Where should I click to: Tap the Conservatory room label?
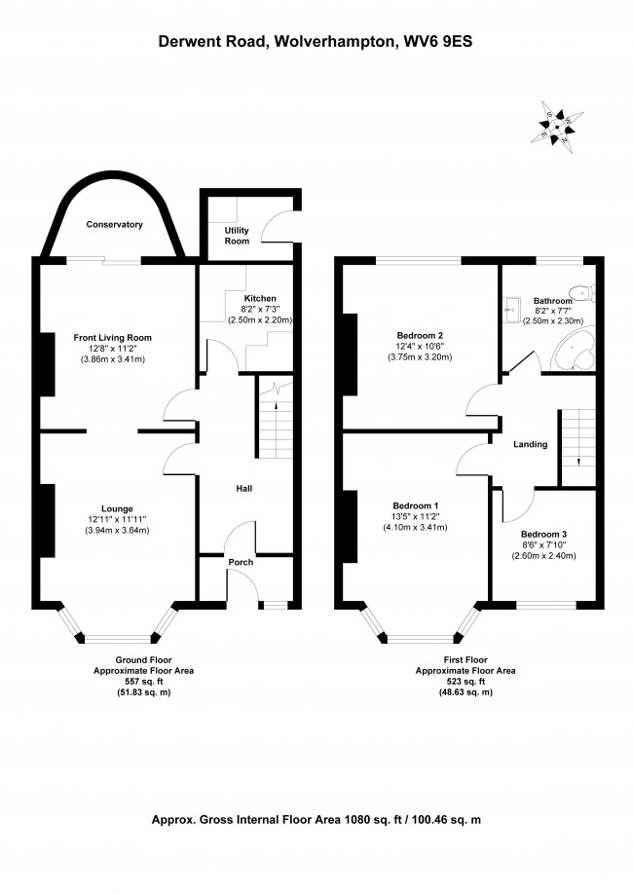coord(114,224)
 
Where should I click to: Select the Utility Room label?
coord(237,235)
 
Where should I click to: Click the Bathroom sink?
coord(511,309)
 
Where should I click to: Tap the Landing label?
coord(530,444)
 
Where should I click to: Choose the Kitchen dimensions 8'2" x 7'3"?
coord(260,310)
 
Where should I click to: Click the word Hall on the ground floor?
coord(244,489)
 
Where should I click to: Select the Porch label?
coord(241,562)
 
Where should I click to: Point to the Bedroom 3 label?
coord(543,535)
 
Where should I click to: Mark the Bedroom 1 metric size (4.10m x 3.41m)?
coord(415,528)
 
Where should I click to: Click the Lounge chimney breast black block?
coord(47,521)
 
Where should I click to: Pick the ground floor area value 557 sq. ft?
coord(144,682)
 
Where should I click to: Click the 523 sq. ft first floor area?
coord(465,682)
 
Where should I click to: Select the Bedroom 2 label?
coord(420,336)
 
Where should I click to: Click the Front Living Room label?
coord(112,338)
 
